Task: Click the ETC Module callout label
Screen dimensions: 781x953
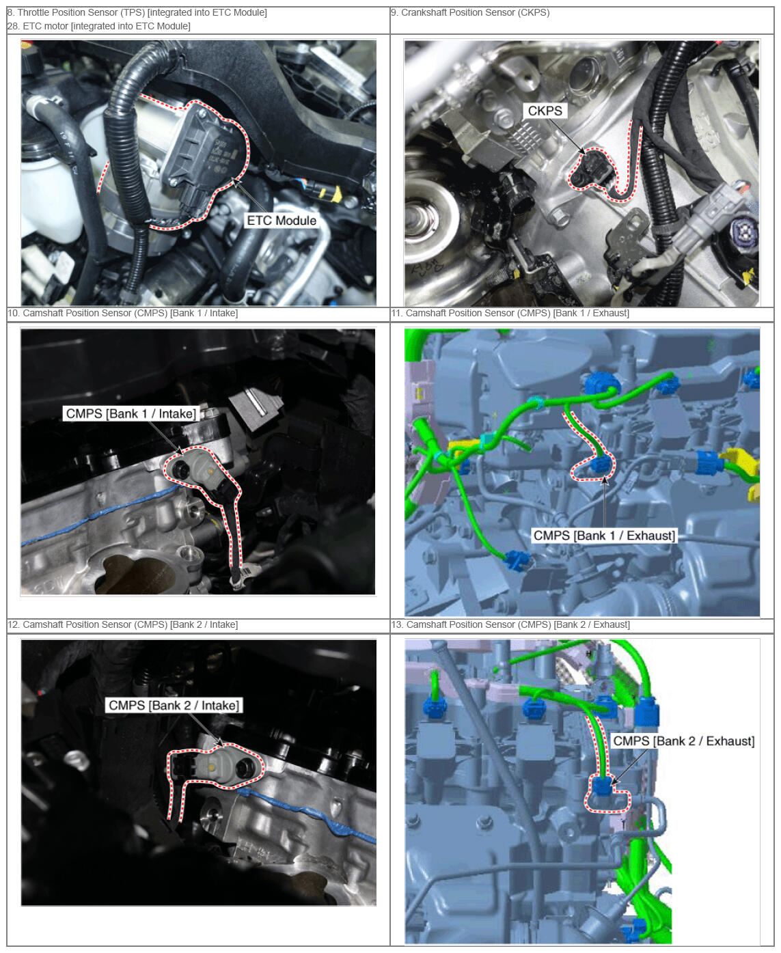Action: pos(281,221)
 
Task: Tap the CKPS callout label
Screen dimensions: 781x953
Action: pos(545,111)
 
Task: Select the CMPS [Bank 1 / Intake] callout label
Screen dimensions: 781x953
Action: pos(131,413)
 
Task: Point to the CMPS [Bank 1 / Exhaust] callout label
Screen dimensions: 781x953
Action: pos(604,536)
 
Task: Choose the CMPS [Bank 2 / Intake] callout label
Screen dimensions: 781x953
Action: pos(174,705)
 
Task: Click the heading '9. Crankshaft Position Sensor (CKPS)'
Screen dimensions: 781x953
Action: pos(470,13)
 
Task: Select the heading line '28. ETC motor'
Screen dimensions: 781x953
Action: pos(98,26)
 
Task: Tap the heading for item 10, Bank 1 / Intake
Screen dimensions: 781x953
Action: pos(122,313)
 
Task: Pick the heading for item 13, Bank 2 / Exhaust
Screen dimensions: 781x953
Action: pos(510,624)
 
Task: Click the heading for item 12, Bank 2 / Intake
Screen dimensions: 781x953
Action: pos(122,624)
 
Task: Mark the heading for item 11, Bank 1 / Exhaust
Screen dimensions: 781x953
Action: pos(510,313)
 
